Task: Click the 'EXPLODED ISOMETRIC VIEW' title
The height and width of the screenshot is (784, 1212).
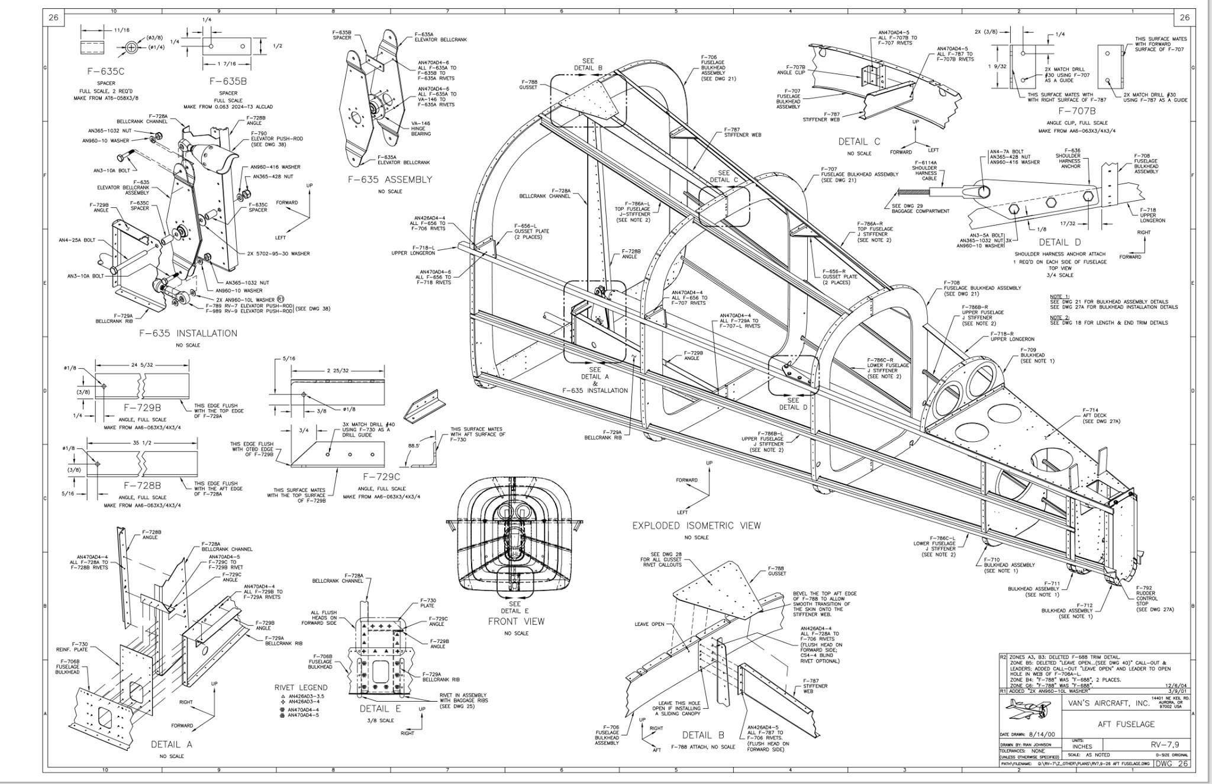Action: (696, 525)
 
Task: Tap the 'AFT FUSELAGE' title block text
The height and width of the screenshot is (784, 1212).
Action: (1117, 724)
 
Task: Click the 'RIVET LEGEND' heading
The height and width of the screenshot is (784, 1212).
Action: (301, 687)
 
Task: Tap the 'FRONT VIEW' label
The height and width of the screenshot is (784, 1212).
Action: (515, 621)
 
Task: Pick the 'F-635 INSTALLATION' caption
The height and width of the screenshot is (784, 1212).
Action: (188, 333)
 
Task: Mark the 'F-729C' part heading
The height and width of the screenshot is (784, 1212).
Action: (382, 477)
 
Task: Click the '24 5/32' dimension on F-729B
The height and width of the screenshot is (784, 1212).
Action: (143, 365)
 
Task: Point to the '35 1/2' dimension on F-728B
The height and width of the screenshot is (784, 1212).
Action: (142, 442)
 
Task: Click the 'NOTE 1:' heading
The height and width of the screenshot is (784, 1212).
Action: (1059, 296)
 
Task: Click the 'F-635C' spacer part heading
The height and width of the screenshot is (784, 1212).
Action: (106, 71)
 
